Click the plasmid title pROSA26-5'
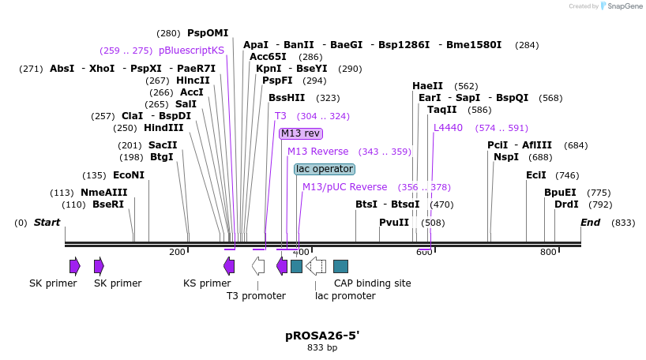tap(322, 336)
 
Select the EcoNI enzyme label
tap(129, 175)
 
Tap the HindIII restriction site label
tap(163, 128)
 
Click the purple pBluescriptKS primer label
tap(191, 51)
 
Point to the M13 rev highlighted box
tap(301, 133)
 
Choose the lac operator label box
tap(325, 169)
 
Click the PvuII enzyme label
tap(394, 223)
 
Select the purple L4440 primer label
tap(448, 128)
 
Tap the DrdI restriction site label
tap(566, 204)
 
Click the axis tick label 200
tap(177, 252)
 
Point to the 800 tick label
tap(548, 252)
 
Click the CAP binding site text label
tap(372, 283)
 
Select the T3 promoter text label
tap(256, 296)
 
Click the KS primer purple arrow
tap(229, 266)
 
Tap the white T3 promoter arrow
tap(258, 266)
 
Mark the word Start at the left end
tap(47, 223)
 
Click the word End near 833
tap(591, 223)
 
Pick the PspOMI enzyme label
tap(208, 33)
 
